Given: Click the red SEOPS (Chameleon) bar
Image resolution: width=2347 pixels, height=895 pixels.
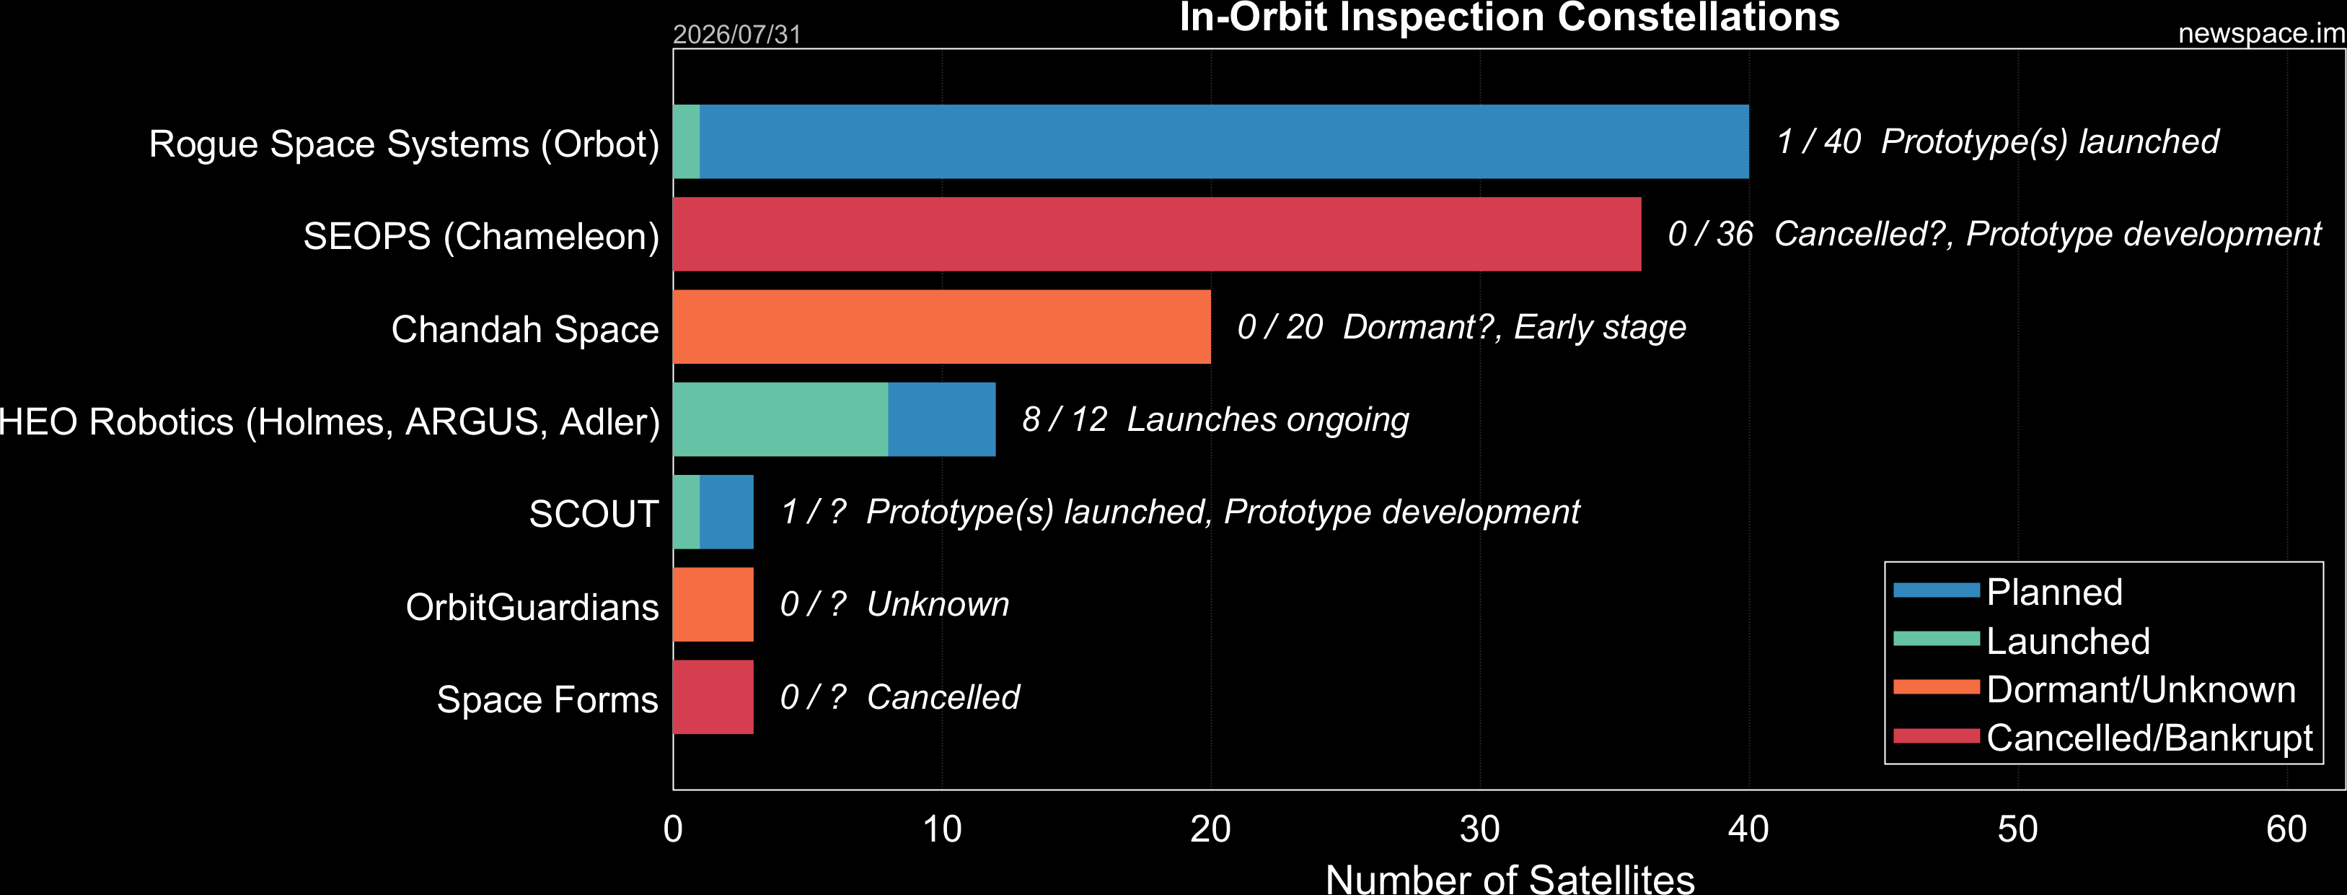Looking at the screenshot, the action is coord(1157,235).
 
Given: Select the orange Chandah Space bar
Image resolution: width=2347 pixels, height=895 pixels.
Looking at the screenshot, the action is coord(942,327).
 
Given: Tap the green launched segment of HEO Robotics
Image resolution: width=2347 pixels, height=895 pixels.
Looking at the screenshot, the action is coord(781,419).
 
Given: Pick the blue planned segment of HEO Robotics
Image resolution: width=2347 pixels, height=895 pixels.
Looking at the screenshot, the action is coord(942,419).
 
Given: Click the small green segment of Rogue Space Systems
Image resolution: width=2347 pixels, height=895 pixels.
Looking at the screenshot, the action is coord(686,141).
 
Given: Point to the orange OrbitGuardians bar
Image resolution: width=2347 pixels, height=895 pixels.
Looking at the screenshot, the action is coord(713,604).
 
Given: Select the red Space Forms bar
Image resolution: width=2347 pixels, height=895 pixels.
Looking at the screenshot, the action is coord(713,697).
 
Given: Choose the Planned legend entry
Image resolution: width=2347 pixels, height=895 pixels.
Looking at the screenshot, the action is coord(2008,592).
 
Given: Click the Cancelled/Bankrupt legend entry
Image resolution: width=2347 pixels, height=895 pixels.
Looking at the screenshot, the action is coord(2102,738).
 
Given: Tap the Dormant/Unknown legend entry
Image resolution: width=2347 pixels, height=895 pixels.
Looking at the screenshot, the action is coord(2095,689).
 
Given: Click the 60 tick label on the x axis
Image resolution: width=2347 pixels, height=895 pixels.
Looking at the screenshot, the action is coord(2287,829).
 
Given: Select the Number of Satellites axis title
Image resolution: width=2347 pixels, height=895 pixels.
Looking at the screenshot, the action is coord(1510,878).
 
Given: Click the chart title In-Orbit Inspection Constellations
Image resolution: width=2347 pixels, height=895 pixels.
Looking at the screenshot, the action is coord(1510,17).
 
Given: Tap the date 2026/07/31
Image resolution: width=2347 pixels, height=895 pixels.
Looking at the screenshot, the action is coord(736,35).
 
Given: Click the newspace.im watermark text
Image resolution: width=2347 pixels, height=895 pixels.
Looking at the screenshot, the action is coord(2261,34).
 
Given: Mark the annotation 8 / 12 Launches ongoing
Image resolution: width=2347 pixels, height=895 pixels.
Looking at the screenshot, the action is coord(1215,419).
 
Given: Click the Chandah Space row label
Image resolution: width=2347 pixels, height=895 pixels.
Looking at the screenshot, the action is coord(525,329).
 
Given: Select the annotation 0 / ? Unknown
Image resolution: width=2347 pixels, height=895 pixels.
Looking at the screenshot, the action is coord(894,604).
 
